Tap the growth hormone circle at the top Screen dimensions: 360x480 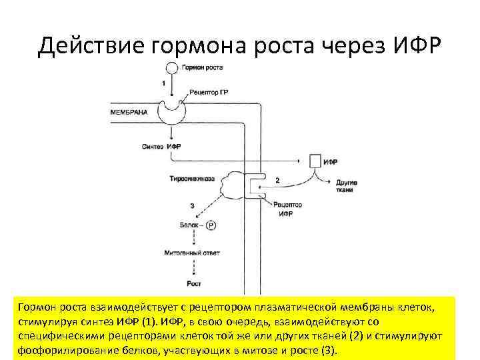171,68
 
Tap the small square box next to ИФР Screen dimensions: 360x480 315,161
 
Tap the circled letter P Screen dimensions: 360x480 211,225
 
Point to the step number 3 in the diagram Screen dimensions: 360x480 192,206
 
